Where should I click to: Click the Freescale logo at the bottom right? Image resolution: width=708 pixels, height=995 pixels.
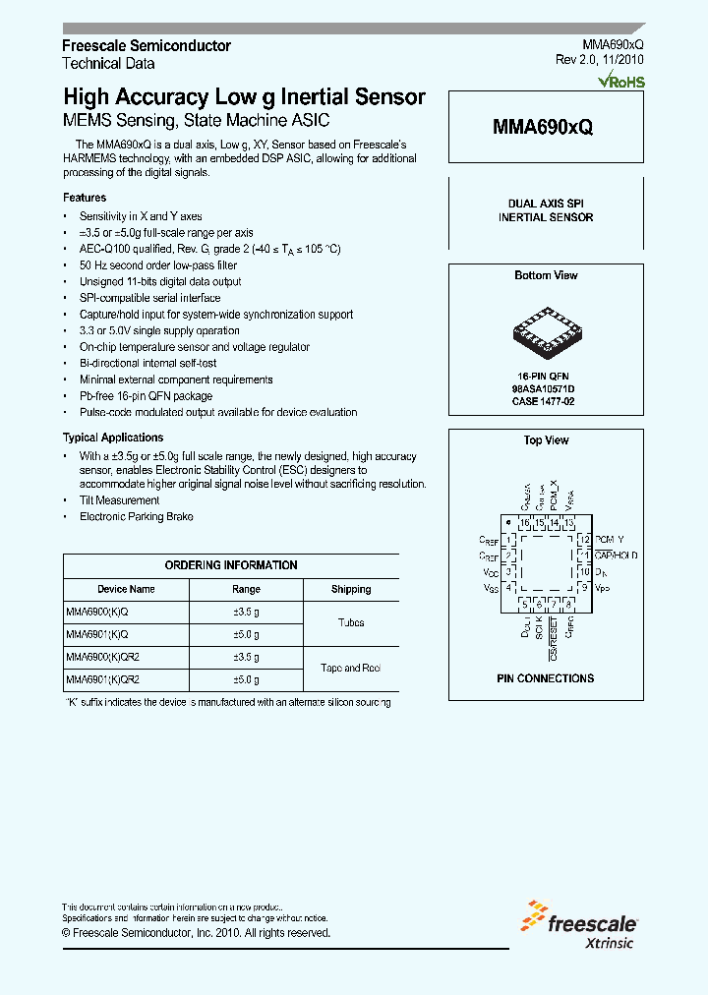coord(582,922)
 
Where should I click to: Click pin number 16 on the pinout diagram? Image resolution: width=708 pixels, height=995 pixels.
coord(525,523)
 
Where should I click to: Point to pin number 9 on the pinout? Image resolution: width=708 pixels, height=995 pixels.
coord(584,588)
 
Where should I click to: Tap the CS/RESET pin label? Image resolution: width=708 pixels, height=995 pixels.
coord(555,636)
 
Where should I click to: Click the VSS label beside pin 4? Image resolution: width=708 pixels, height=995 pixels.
coord(490,588)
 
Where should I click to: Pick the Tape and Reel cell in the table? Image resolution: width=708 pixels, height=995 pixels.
coord(351,669)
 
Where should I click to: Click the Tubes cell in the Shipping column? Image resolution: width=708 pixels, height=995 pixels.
coord(351,623)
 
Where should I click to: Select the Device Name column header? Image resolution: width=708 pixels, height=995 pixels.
coord(126,589)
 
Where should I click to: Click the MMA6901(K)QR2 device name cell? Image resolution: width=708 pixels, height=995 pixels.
coord(103,679)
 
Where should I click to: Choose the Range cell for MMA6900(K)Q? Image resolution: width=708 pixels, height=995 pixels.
coord(246,612)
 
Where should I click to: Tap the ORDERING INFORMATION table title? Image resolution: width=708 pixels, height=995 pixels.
coord(231,565)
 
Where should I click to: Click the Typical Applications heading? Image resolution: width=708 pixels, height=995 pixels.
coord(113,438)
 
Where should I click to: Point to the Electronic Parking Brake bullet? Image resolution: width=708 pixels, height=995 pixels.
coord(136,516)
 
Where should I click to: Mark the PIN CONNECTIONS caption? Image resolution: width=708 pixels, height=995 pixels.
coord(545,678)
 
